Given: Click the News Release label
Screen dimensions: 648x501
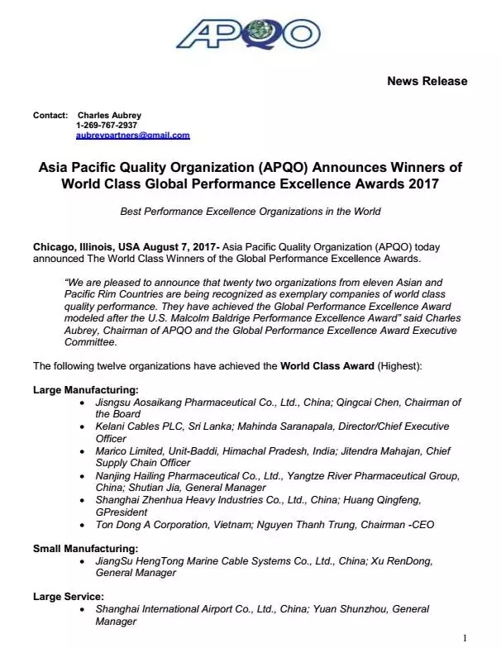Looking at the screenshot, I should pyautogui.click(x=427, y=81).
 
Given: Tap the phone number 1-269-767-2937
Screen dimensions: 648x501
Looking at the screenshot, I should pyautogui.click(x=107, y=125).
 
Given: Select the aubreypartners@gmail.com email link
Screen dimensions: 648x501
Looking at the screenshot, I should pyautogui.click(x=132, y=135).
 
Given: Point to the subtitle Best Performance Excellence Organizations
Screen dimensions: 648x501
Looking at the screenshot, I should pyautogui.click(x=250, y=212).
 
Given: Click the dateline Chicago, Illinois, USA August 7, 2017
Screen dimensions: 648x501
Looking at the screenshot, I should pyautogui.click(x=124, y=247).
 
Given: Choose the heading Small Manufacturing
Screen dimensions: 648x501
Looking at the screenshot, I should pyautogui.click(x=85, y=548).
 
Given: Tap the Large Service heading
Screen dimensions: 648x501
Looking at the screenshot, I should pyautogui.click(x=68, y=596).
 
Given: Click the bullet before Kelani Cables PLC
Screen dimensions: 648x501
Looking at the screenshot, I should pyautogui.click(x=80, y=426).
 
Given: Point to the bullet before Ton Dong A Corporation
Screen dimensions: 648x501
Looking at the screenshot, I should pyautogui.click(x=80, y=525).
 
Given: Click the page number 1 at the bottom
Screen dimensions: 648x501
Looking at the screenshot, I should pyautogui.click(x=465, y=637).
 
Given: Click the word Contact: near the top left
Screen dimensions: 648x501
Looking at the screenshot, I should pyautogui.click(x=50, y=115).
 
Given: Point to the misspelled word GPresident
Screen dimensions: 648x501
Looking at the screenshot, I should pyautogui.click(x=122, y=512).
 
